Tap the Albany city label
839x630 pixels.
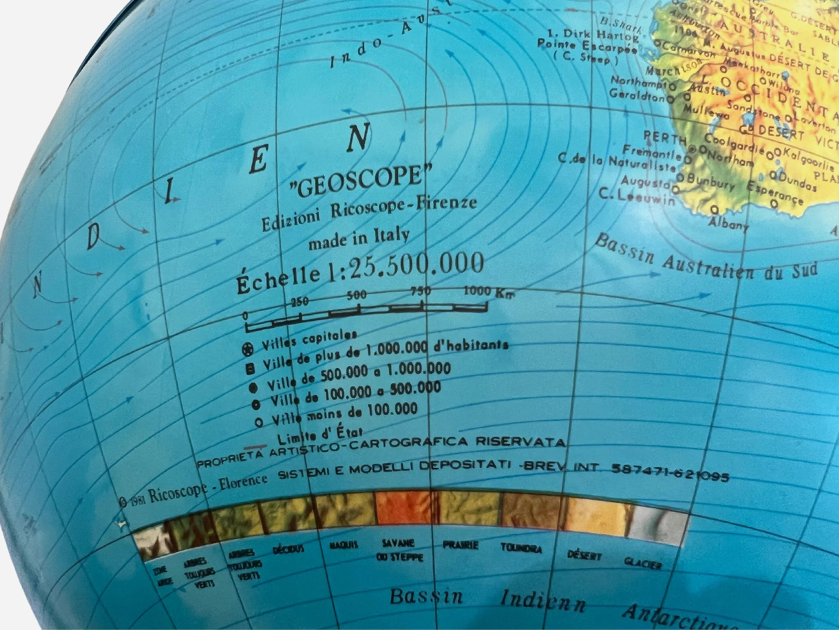click(x=728, y=224)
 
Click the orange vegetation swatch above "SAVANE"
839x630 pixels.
click(x=407, y=508)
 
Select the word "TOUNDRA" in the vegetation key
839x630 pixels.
click(x=521, y=548)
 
